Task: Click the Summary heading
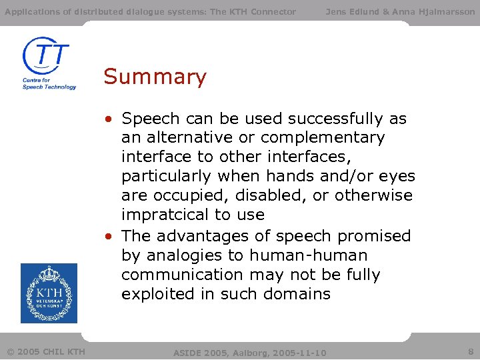[155, 77]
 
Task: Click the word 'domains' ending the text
[299, 294]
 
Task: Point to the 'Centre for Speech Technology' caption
[49, 83]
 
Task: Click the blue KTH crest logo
[49, 293]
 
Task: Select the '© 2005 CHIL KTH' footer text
[46, 351]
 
